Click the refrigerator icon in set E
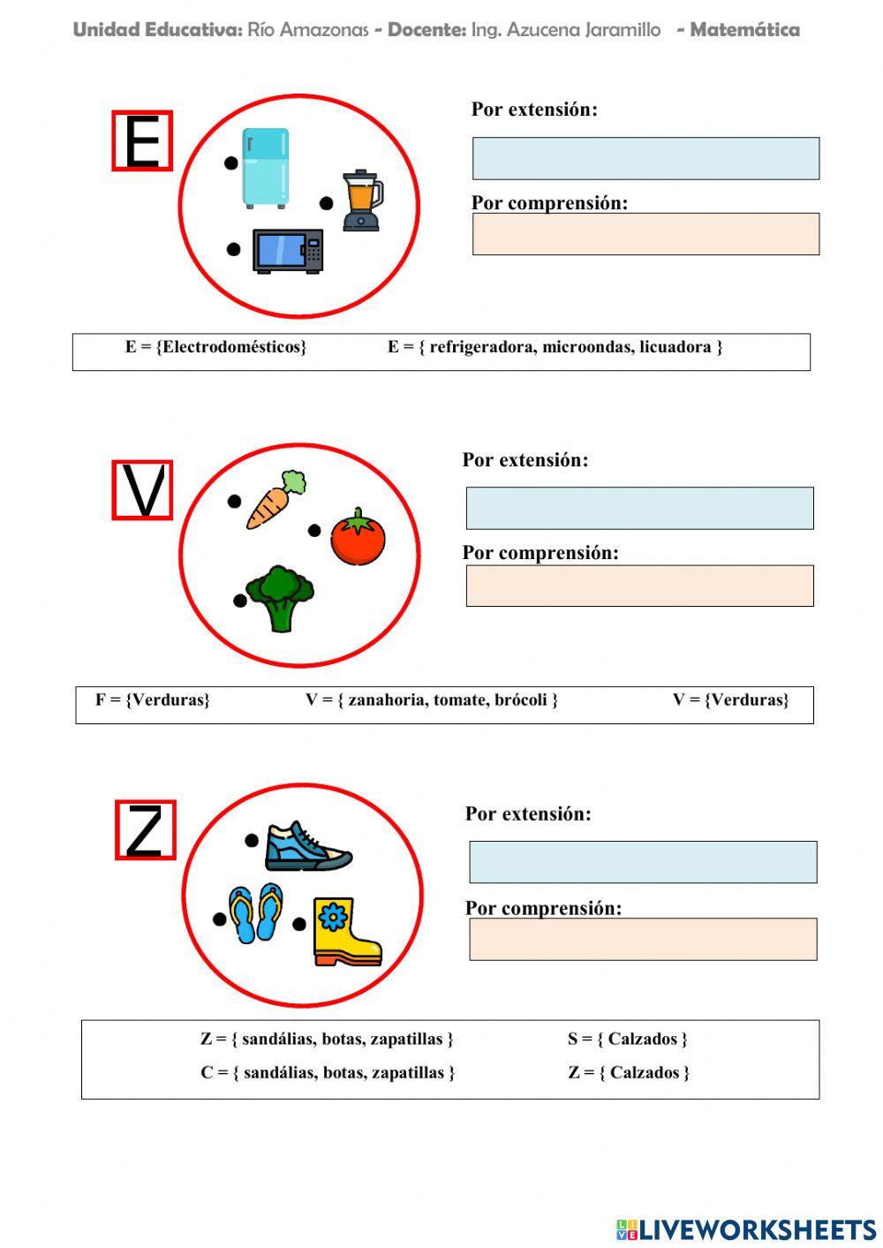point(265,168)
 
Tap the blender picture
point(362,200)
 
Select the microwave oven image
point(288,251)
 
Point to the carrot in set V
point(275,500)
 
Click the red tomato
point(358,537)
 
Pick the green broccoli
point(280,598)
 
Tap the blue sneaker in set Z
point(306,847)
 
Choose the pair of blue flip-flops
point(256,912)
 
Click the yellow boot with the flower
point(345,931)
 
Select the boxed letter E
point(142,141)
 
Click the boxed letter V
point(142,490)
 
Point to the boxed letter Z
point(146,830)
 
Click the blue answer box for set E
point(645,159)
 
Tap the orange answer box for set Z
point(643,939)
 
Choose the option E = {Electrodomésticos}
point(215,347)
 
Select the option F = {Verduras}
point(153,700)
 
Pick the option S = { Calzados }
point(627,1039)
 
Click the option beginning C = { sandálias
point(328,1073)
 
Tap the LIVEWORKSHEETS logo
point(745,1229)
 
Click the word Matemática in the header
point(744,30)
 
